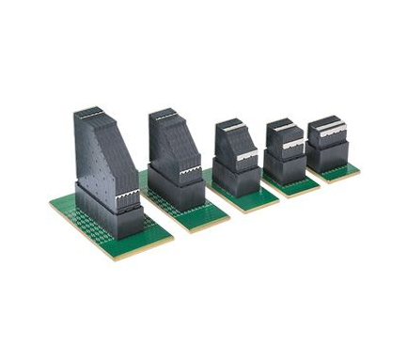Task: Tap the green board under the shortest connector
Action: point(342,172)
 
